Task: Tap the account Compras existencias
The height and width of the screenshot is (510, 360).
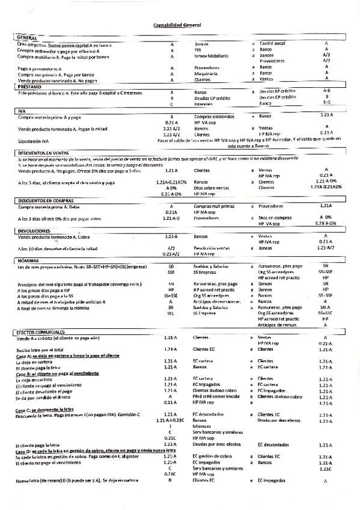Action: pyautogui.click(x=213, y=115)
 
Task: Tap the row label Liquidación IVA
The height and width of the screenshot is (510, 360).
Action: pyautogui.click(x=35, y=141)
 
